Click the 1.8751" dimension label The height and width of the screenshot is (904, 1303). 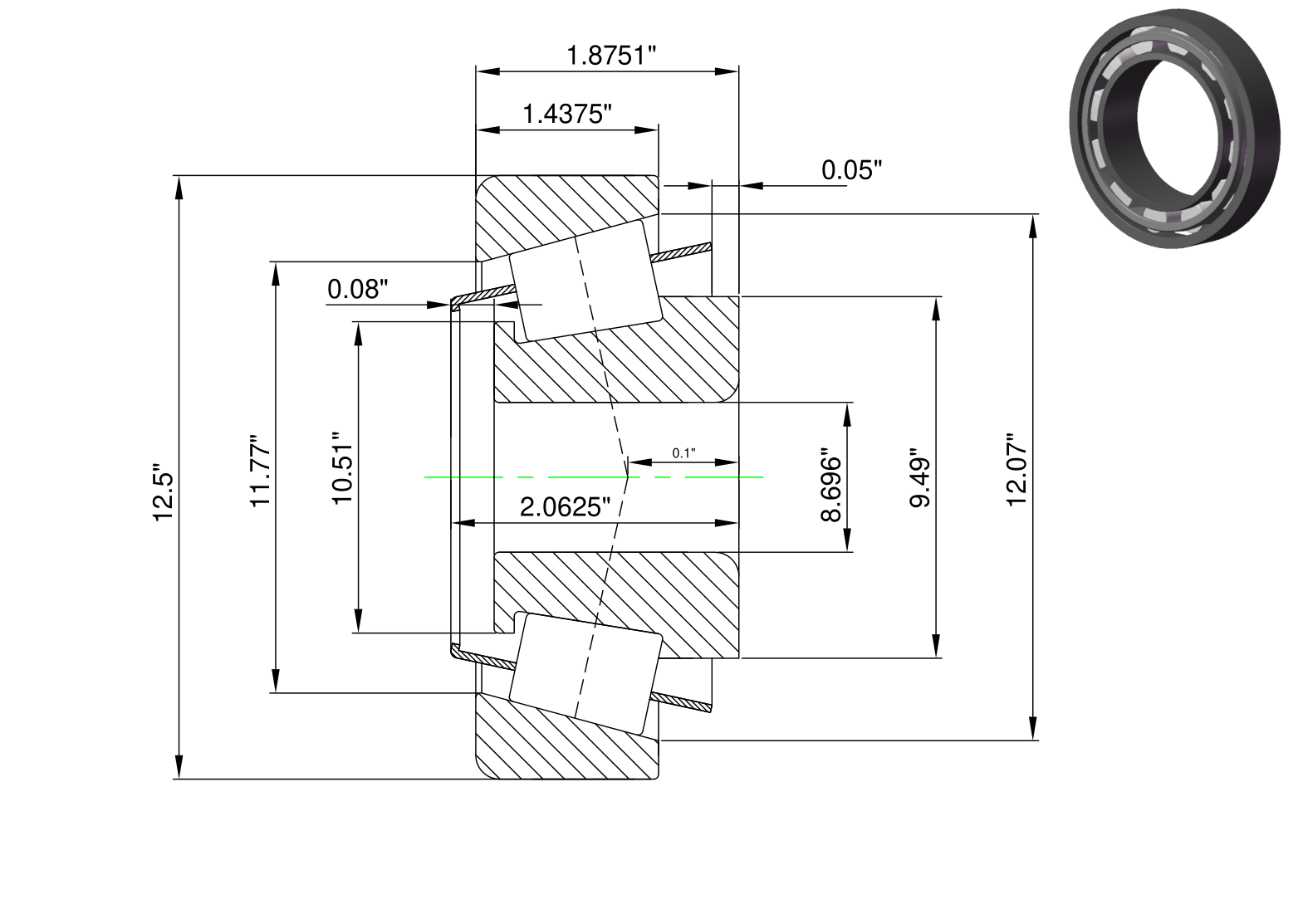[x=610, y=56]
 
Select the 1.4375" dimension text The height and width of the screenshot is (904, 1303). [x=567, y=114]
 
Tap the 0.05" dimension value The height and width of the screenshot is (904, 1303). [x=851, y=170]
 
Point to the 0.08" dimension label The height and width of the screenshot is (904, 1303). [x=357, y=289]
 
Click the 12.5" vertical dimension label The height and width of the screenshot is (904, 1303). [x=164, y=492]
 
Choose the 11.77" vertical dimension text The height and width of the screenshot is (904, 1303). [x=261, y=471]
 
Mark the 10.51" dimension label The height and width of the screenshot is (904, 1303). [x=343, y=468]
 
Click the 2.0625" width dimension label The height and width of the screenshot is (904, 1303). [x=565, y=507]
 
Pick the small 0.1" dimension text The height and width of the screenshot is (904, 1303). [x=683, y=453]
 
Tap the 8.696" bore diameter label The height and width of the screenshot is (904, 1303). [x=830, y=485]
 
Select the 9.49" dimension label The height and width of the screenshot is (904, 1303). [x=919, y=478]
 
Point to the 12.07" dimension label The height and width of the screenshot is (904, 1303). [x=1016, y=470]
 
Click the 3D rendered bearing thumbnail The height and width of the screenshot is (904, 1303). [x=1175, y=129]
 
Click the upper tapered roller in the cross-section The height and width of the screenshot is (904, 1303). [x=585, y=281]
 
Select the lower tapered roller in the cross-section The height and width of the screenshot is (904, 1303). [x=585, y=673]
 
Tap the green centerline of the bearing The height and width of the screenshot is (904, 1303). [x=594, y=476]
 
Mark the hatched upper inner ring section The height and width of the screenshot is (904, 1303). [x=616, y=349]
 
